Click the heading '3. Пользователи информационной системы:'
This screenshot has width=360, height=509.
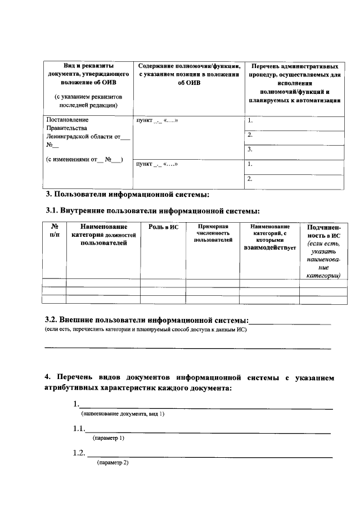127,195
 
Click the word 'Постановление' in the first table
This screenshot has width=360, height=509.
67,120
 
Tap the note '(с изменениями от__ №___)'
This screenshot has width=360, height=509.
84,159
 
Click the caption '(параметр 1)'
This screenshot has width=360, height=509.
109,438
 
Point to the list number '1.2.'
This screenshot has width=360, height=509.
79,453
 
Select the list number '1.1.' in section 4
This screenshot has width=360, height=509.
79,429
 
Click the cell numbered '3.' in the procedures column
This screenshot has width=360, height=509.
250,150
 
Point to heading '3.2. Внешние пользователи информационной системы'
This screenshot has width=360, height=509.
146,320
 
